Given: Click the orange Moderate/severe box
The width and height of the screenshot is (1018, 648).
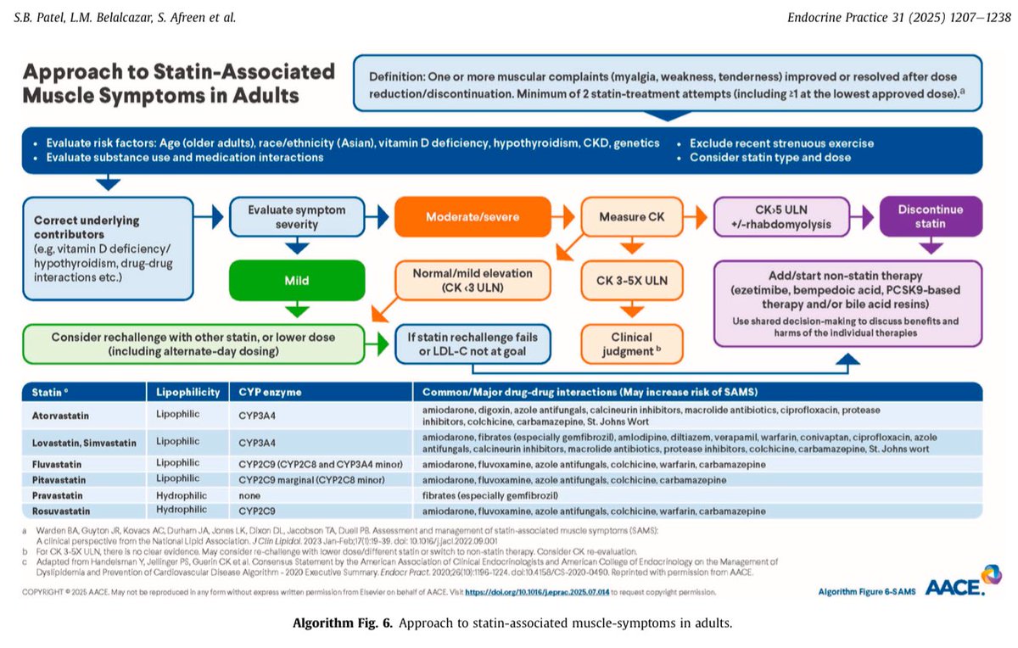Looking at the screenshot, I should [470, 217].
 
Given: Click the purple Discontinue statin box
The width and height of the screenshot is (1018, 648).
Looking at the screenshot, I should [931, 216].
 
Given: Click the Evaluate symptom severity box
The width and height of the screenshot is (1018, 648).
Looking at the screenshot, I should [297, 216].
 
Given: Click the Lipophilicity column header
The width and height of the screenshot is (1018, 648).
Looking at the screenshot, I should [187, 393].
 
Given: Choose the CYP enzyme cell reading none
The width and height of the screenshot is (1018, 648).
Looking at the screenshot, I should [251, 494].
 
